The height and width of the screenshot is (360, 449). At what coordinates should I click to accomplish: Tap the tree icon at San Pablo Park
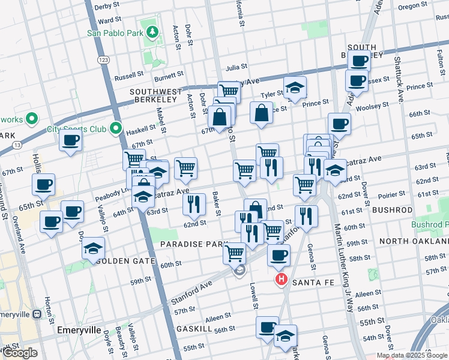[153, 32]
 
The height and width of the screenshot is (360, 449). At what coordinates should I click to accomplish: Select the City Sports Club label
[77, 129]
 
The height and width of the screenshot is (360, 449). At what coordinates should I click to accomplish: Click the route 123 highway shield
[104, 61]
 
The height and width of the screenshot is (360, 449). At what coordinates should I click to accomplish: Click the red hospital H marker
[280, 280]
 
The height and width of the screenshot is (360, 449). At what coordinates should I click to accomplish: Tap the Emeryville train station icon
[37, 313]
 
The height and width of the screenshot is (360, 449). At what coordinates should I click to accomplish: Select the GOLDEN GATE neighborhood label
[125, 261]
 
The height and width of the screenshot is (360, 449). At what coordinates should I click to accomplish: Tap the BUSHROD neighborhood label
[392, 211]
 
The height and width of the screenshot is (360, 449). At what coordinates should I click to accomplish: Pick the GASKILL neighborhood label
[191, 329]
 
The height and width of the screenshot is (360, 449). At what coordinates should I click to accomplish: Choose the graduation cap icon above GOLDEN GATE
[93, 248]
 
